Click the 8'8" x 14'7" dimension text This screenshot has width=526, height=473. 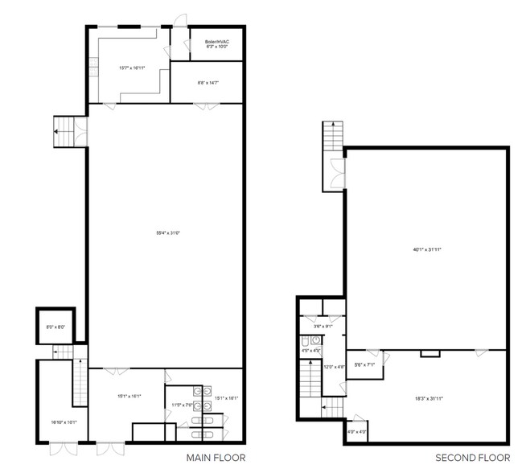point(208,82)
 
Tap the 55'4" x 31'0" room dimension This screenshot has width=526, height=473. point(166,233)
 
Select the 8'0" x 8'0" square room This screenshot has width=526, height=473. point(55,327)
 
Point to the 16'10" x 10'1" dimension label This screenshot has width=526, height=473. point(63,422)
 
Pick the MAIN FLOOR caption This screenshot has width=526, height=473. point(214,458)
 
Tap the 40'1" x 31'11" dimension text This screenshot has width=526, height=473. point(427,249)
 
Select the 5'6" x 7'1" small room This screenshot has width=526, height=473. point(365,366)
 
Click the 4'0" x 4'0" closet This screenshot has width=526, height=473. point(357,432)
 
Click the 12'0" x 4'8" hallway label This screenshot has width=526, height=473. point(334,367)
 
